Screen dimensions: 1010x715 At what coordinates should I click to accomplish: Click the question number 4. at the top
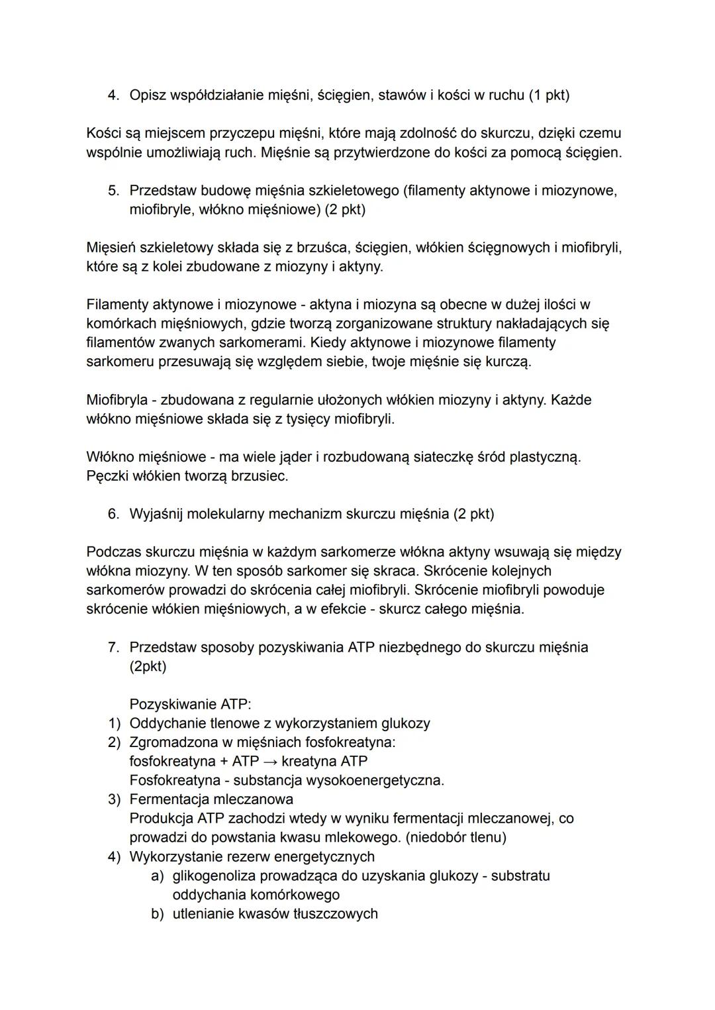pyautogui.click(x=113, y=95)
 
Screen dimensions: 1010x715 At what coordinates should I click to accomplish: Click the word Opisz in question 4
pyautogui.click(x=148, y=95)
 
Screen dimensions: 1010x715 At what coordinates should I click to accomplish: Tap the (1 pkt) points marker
pyautogui.click(x=548, y=95)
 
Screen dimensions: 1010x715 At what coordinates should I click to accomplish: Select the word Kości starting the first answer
pyautogui.click(x=103, y=133)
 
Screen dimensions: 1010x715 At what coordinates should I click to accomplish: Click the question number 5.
pyautogui.click(x=113, y=191)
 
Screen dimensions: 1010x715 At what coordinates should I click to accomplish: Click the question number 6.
pyautogui.click(x=113, y=514)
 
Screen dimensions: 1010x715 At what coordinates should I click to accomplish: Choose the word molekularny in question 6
pyautogui.click(x=224, y=514)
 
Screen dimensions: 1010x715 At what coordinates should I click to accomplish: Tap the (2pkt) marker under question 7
pyautogui.click(x=148, y=666)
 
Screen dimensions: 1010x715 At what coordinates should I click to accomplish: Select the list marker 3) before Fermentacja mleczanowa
pyautogui.click(x=115, y=799)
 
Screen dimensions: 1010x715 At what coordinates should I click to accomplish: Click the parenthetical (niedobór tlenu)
pyautogui.click(x=455, y=838)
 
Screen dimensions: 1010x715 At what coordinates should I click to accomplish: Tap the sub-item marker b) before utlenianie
pyautogui.click(x=158, y=914)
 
